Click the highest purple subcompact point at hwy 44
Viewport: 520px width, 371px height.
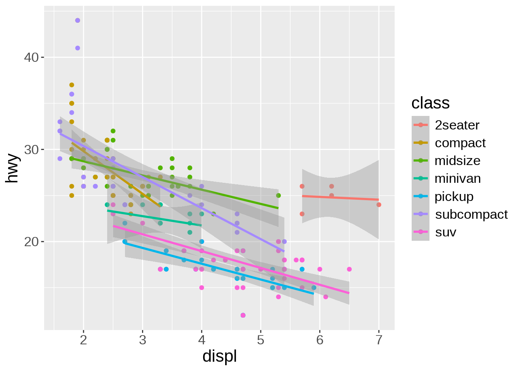click(x=77, y=20)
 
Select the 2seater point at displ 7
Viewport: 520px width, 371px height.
click(x=379, y=205)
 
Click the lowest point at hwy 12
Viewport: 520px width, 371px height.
click(x=243, y=315)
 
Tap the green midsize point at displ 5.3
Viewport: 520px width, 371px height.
click(x=278, y=196)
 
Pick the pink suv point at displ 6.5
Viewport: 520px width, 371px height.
click(x=349, y=269)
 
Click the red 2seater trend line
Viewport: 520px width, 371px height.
click(x=340, y=198)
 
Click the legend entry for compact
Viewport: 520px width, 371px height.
click(x=460, y=143)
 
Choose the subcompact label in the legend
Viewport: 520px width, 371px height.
click(x=471, y=214)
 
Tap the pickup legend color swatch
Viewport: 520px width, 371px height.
click(x=421, y=197)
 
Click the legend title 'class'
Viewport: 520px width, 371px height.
click(x=430, y=103)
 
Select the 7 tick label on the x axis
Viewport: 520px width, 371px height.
click(x=379, y=340)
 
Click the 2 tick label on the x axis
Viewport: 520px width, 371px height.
click(x=83, y=340)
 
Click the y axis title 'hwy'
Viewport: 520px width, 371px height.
click(x=12, y=168)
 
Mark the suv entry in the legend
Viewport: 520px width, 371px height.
click(x=445, y=232)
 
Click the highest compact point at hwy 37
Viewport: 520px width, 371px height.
click(x=72, y=85)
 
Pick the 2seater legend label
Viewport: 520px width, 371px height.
click(x=457, y=125)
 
